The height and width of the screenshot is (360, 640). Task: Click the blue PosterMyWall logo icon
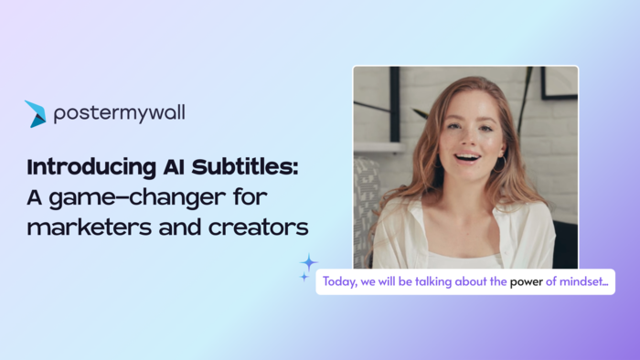click(36, 114)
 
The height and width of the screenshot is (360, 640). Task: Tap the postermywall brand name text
click(119, 114)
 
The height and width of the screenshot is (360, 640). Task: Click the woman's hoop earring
click(501, 163)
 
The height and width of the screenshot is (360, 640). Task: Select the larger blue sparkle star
click(309, 262)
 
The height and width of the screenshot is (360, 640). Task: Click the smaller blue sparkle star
click(304, 277)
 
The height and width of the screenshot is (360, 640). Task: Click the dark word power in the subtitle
click(527, 282)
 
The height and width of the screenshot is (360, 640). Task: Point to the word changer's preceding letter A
click(36, 197)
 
